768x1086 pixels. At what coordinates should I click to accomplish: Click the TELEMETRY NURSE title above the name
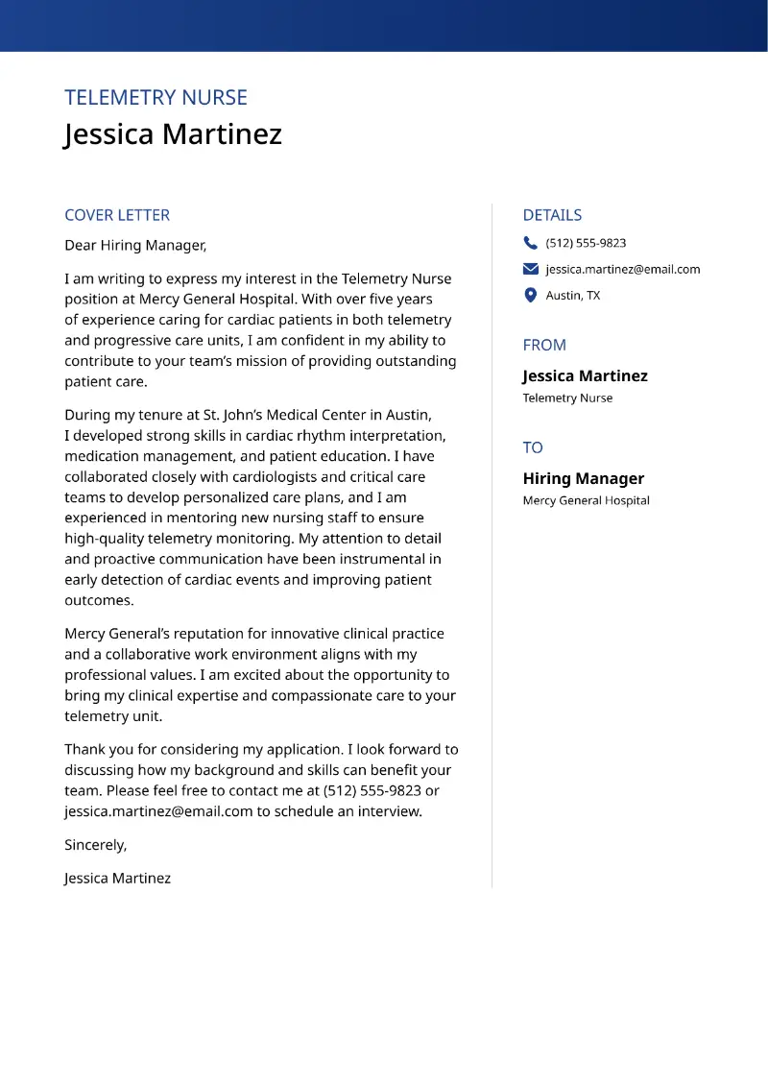156,98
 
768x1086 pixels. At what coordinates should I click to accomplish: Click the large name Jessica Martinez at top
173,133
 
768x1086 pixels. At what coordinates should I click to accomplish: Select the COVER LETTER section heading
117,215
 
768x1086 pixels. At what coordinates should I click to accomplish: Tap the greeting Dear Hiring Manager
135,246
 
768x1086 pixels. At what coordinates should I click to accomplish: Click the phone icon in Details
531,243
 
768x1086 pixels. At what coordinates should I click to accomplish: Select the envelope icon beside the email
531,269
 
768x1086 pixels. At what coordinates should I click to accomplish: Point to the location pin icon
531,296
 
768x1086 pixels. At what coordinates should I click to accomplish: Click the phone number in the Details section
586,243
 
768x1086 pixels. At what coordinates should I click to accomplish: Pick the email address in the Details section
623,269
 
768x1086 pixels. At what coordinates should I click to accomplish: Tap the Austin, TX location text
573,296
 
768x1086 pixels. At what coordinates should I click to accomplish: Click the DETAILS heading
552,215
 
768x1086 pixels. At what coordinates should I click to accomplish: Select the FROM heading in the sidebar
544,345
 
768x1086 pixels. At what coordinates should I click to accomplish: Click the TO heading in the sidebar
533,447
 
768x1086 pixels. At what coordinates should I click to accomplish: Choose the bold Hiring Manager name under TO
583,478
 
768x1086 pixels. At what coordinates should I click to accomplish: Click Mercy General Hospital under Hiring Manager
586,500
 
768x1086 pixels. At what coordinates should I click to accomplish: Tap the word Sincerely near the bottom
95,845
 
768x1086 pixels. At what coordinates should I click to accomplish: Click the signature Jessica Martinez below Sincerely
117,878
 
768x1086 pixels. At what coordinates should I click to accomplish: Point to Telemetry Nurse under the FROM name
567,398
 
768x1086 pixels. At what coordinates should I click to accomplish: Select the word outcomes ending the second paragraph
98,600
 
